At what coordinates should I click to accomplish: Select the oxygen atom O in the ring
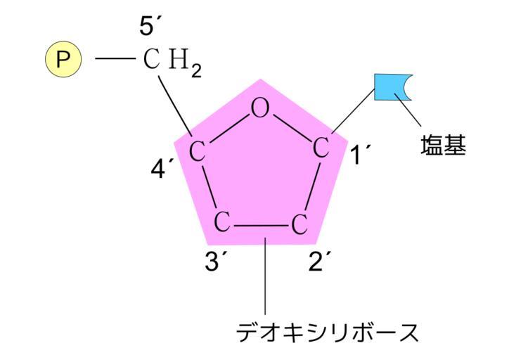260,108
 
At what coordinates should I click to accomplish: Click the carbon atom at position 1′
321,148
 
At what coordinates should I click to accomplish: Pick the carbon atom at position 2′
299,225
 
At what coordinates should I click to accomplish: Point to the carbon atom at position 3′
222,223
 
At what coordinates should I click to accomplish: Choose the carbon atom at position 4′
198,150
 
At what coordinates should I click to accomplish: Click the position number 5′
150,28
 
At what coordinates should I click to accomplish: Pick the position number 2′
320,262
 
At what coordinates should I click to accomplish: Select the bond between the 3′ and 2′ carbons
261,226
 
